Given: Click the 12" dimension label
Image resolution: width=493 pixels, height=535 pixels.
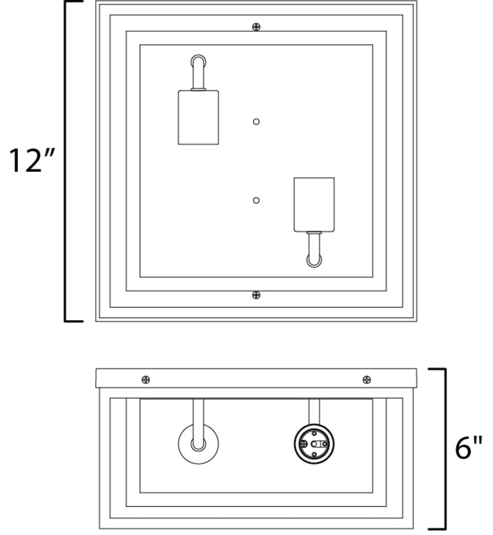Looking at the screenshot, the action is click(x=31, y=160).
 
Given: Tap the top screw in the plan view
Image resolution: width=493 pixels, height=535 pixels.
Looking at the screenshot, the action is click(x=256, y=26).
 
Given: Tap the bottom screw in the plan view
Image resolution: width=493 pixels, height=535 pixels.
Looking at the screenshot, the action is click(x=256, y=295).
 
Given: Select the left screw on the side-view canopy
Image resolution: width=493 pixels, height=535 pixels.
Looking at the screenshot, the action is click(x=146, y=380).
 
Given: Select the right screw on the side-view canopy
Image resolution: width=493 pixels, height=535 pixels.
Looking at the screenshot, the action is click(x=367, y=380).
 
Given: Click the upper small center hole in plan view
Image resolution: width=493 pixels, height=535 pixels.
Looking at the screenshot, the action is click(x=256, y=121).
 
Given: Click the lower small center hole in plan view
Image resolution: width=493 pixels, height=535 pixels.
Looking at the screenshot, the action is click(x=256, y=200).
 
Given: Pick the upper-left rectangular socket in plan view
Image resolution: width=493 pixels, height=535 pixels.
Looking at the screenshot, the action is click(x=198, y=118).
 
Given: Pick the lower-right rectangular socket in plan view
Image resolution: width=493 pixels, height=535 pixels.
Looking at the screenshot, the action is click(x=314, y=205).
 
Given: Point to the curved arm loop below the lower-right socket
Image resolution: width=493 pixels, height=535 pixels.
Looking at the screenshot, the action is click(x=314, y=265).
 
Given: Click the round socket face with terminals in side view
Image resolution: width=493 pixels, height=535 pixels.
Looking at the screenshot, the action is click(x=314, y=444).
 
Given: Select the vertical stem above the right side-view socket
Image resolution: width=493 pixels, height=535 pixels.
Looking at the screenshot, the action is click(x=314, y=412).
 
